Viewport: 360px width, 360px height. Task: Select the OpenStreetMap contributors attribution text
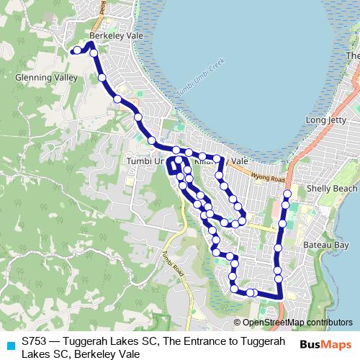pos(297,323)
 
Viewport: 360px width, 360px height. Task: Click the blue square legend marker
pos(9,345)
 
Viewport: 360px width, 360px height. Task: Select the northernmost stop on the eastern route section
pos(287,194)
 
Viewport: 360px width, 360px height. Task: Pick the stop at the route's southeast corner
pos(279,294)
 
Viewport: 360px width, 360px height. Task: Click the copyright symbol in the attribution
pos(238,323)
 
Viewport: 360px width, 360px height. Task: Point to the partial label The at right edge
pos(352,55)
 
